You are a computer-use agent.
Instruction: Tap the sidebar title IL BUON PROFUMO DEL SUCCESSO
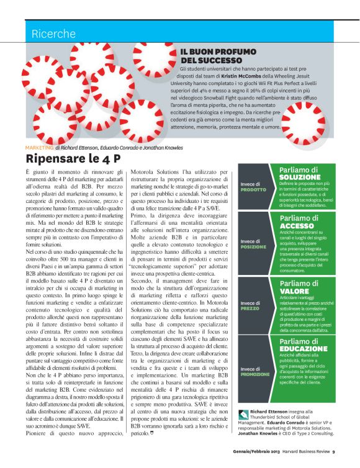211,56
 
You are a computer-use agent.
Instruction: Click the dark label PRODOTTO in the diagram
253,189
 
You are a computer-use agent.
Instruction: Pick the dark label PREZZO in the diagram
250,308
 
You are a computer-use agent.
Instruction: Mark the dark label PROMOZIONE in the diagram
256,374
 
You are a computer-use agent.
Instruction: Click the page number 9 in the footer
333,451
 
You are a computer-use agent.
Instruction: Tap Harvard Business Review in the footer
301,451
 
